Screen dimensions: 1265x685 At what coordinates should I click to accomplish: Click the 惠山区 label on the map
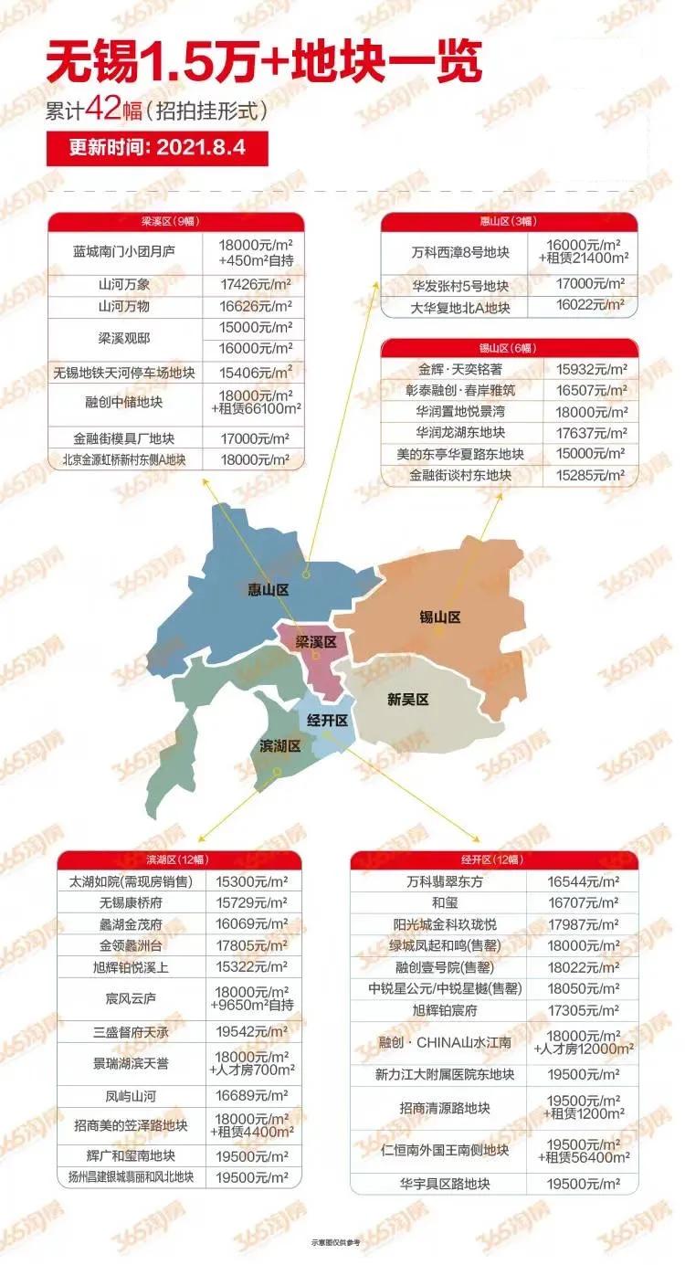pyautogui.click(x=268, y=590)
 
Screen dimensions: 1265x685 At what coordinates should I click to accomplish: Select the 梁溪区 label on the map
pyautogui.click(x=316, y=642)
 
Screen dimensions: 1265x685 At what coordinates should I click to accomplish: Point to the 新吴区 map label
pyautogui.click(x=407, y=700)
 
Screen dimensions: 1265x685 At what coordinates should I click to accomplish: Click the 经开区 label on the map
pyautogui.click(x=327, y=721)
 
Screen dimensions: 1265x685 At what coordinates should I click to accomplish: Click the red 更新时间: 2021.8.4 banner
pyautogui.click(x=157, y=148)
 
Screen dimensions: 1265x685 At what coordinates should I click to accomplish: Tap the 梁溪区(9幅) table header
pyautogui.click(x=175, y=221)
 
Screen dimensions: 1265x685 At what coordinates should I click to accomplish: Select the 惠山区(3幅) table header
pyautogui.click(x=508, y=221)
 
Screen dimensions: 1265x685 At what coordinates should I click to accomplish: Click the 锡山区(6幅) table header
pyautogui.click(x=508, y=348)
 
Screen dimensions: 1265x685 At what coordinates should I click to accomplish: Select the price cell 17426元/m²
pyautogui.click(x=256, y=286)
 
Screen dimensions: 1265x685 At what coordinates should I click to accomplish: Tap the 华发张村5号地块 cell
pyautogui.click(x=459, y=285)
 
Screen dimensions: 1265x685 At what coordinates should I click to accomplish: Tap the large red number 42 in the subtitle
pyautogui.click(x=101, y=111)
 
